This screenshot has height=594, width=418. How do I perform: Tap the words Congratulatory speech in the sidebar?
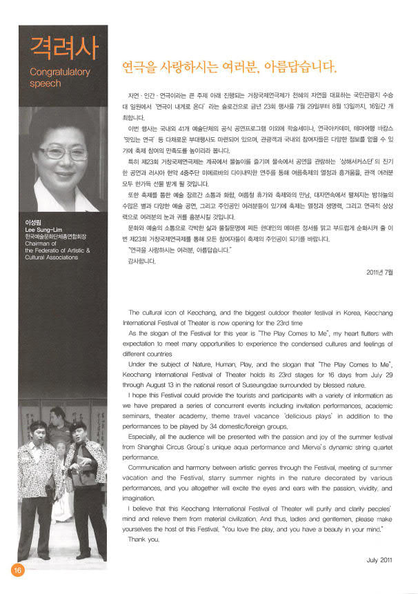click(x=60, y=77)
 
